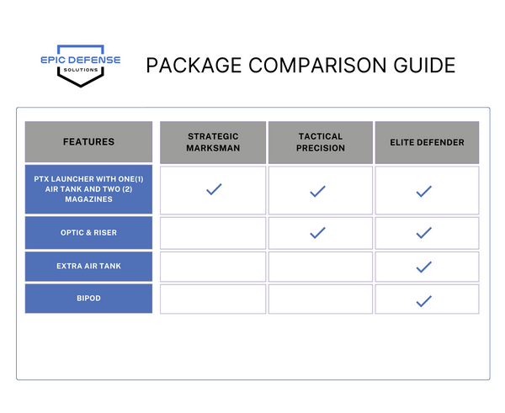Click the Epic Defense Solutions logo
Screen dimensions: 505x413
[x=81, y=66]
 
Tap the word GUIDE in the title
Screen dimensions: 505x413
[x=424, y=65]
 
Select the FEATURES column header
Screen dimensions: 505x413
[x=88, y=141]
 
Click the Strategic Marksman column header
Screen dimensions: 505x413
[x=213, y=142]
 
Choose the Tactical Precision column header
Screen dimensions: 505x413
[x=321, y=142]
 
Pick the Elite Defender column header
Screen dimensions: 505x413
[x=427, y=142]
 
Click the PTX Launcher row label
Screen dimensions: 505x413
[x=88, y=189]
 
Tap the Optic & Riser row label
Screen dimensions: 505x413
[x=88, y=233]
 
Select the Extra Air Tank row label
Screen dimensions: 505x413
[x=88, y=266]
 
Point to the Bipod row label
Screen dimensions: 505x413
[x=88, y=299]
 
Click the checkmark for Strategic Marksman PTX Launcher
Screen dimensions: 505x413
[x=214, y=189]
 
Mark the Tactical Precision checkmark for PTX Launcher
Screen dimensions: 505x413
[x=317, y=191]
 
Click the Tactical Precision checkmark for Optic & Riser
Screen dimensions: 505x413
[x=317, y=233]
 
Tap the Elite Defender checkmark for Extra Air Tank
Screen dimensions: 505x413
[x=424, y=267]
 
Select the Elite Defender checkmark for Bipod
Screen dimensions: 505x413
[x=424, y=301]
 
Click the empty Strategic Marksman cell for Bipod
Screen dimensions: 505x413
[x=213, y=299]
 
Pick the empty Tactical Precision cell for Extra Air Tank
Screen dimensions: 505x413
[x=321, y=267]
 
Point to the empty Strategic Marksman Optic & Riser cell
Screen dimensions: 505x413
[x=213, y=233]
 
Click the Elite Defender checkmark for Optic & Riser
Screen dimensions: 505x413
[x=424, y=233]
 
